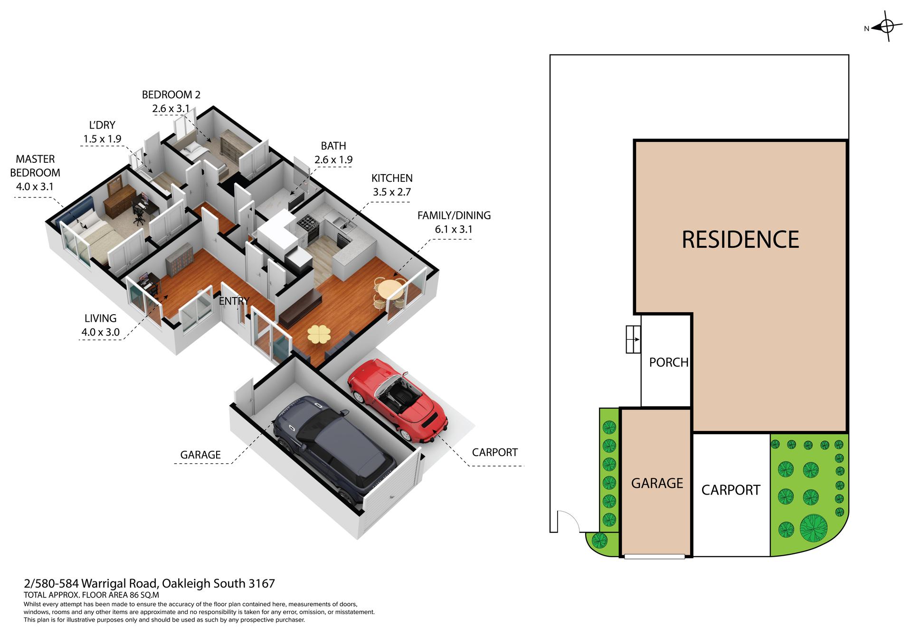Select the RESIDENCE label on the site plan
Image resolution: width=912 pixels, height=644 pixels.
coord(740,239)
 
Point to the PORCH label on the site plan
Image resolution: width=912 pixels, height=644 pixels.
coord(668,362)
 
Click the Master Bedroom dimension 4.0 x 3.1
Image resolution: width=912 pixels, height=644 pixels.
coord(35,187)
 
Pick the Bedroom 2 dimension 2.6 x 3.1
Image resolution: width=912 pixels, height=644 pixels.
coord(171,108)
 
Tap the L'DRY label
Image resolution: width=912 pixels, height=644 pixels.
coord(102,125)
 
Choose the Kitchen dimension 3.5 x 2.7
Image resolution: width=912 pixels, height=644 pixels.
coord(392,192)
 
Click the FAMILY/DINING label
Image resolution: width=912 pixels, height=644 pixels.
coord(454,215)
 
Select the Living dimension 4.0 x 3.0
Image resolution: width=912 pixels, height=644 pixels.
coord(100,332)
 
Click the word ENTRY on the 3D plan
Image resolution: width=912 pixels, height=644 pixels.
coord(234,301)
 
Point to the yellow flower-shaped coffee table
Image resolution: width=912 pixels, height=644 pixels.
coord(319,334)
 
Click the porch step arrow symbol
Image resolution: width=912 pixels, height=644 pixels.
coord(633,339)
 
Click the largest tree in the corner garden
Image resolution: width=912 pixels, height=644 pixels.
coord(813,528)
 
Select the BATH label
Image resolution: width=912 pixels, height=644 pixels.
coord(333,146)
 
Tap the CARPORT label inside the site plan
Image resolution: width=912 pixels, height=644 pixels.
coord(731,490)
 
